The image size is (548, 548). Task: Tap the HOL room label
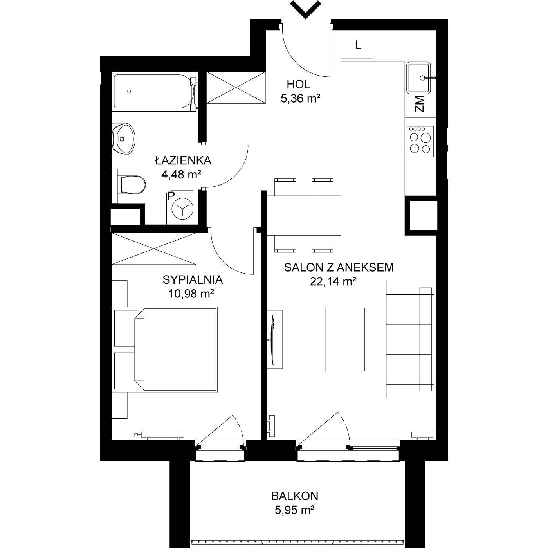[x=298, y=85]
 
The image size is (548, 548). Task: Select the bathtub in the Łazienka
[x=155, y=92]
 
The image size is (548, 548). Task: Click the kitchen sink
[x=418, y=78]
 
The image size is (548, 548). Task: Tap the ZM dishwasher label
[x=420, y=104]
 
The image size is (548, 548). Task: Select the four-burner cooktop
[x=420, y=141]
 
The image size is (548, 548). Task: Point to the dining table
[x=304, y=216]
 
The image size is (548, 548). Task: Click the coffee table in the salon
[x=345, y=339]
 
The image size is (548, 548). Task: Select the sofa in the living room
[x=410, y=339]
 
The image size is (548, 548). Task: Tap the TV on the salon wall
[x=274, y=339]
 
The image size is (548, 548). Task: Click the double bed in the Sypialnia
[x=165, y=350]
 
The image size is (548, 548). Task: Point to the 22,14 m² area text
[x=333, y=282]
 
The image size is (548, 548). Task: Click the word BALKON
[x=295, y=496]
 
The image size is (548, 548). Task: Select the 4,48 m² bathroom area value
[x=181, y=174]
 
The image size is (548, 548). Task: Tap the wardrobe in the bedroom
[x=154, y=249]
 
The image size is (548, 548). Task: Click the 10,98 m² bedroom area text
[x=191, y=293]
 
